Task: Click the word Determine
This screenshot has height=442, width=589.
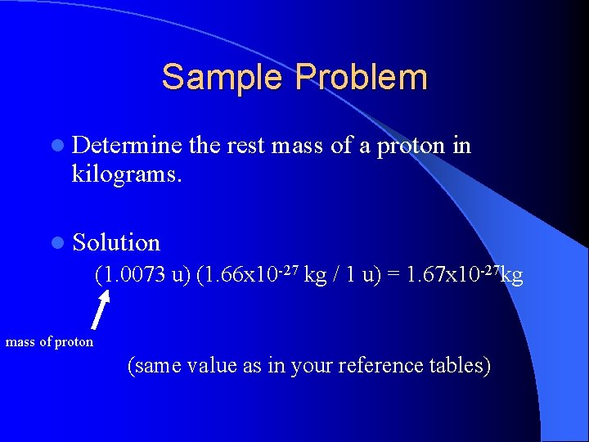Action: coord(127,146)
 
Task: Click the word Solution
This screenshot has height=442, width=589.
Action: coord(116,242)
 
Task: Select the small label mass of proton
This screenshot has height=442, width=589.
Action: coord(49,341)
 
